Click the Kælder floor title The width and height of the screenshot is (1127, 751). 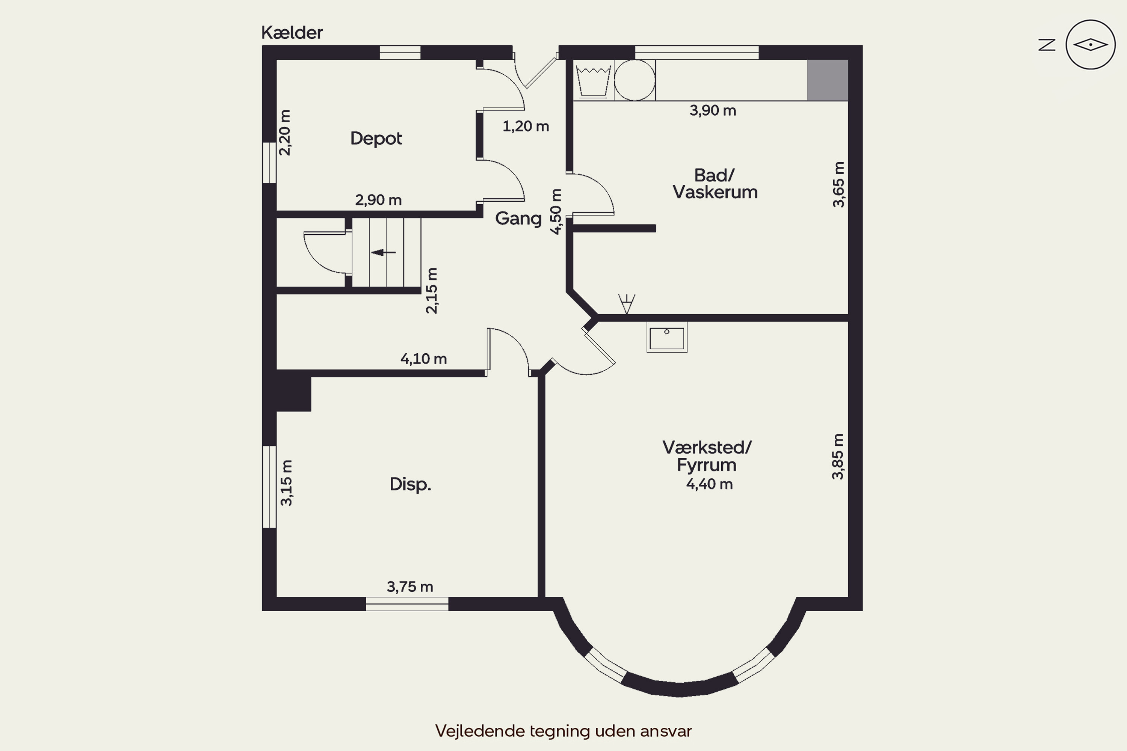292,33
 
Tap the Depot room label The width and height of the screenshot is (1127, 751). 376,139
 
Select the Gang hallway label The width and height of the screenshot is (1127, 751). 518,219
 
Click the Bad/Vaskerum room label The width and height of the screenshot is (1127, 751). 715,184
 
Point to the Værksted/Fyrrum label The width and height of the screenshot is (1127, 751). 707,456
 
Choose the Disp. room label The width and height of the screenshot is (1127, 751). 410,484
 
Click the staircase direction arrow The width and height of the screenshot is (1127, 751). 383,252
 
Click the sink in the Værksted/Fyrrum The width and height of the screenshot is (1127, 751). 666,337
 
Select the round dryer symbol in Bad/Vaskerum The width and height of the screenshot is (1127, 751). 635,80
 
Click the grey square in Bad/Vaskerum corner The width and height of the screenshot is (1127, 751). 828,80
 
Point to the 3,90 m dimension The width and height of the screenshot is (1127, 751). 713,111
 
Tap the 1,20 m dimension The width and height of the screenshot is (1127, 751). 526,127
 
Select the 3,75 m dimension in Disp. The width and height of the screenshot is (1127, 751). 410,587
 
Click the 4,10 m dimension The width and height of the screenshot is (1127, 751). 424,359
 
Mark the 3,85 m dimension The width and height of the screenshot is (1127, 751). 838,457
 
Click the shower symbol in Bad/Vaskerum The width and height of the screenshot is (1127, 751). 626,304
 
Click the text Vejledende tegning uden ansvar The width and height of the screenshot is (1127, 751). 563,731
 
